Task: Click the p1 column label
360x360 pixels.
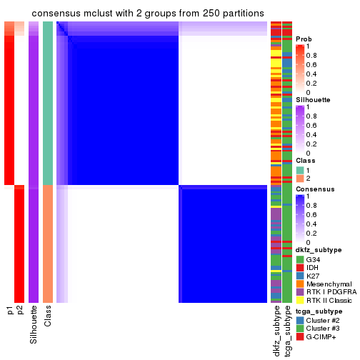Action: point(10,310)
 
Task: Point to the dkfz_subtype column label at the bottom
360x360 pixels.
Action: point(276,331)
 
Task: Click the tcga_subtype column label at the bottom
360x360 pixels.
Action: point(287,331)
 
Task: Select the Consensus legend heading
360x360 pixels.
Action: point(313,189)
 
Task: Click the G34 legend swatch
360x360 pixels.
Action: point(300,259)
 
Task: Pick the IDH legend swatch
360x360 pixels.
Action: point(300,267)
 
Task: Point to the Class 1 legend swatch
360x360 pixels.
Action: point(300,169)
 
